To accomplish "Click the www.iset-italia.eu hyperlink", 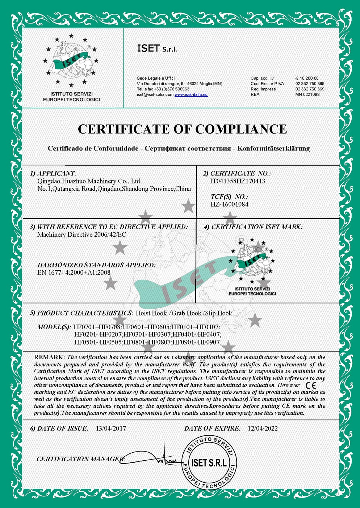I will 191,94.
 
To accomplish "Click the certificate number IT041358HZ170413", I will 238,181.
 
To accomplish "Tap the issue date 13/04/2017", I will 111,428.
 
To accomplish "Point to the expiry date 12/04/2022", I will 263,428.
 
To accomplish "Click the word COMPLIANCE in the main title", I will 241,129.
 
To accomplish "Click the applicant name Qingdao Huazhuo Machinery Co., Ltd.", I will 89,181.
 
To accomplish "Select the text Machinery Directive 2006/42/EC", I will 81,234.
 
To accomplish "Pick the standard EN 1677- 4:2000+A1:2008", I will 74,272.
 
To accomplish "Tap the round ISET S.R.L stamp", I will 209,462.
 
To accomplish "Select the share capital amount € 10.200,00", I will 307,78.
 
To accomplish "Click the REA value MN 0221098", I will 307,94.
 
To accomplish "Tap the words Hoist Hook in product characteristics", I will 151,313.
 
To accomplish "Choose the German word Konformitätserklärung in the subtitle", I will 273,148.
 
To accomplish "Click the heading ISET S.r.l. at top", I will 157,48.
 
